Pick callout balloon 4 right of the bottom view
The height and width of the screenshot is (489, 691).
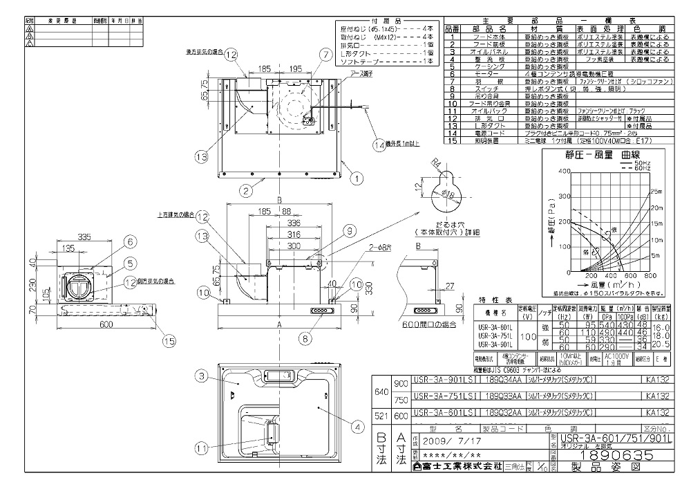(x=357, y=427)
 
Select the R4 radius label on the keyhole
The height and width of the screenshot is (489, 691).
(x=433, y=163)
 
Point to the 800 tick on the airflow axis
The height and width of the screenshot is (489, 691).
(x=651, y=275)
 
